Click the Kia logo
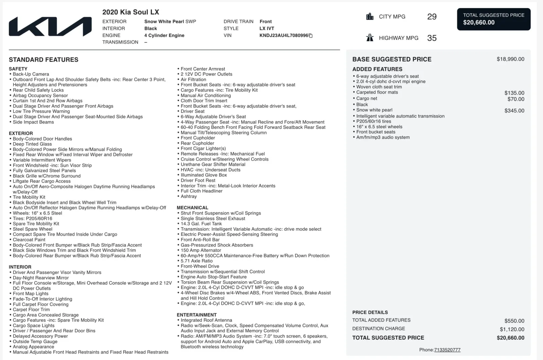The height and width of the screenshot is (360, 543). click(50, 26)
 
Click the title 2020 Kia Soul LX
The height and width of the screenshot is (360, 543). click(131, 12)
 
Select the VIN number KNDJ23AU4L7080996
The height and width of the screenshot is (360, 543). click(284, 35)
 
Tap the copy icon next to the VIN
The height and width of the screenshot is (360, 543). click(311, 36)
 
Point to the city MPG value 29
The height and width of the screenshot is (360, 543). click(432, 17)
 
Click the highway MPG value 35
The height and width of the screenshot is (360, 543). click(432, 38)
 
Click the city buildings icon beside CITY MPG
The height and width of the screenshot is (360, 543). click(370, 17)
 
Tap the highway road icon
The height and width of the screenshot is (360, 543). click(370, 38)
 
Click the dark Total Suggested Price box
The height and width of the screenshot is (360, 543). click(493, 19)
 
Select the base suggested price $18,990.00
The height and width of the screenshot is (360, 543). click(510, 59)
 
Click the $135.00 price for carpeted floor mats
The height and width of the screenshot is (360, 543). click(514, 93)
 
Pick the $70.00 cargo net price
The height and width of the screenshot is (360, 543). click(516, 99)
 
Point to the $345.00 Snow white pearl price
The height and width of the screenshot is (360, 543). click(514, 111)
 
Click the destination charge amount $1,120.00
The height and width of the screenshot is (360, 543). click(512, 329)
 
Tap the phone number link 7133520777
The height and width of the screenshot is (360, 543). click(447, 350)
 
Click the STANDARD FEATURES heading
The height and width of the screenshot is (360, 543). click(43, 60)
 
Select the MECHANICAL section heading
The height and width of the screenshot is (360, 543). click(192, 208)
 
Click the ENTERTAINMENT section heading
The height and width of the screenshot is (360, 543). click(196, 315)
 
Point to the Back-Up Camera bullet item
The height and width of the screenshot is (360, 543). click(31, 74)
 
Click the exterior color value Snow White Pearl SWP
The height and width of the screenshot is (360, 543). click(170, 21)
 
